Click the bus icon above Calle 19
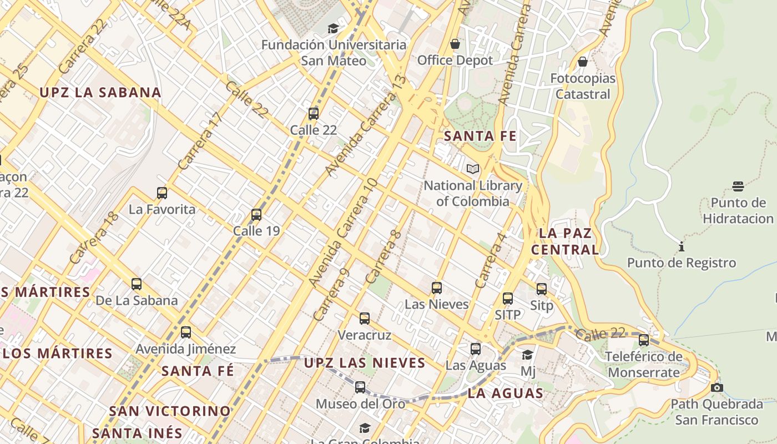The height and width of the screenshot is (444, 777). [x=256, y=214]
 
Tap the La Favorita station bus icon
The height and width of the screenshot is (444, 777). [x=162, y=193]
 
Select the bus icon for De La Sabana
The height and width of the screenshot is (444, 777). [x=137, y=284]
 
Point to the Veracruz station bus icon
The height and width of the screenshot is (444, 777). [x=365, y=319]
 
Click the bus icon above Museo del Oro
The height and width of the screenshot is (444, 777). [x=360, y=387]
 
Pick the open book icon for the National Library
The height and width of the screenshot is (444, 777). [x=473, y=169]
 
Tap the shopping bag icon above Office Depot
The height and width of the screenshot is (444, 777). [x=455, y=44]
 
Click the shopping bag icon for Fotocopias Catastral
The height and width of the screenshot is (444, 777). [x=583, y=62]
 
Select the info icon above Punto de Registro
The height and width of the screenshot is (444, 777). [x=682, y=246]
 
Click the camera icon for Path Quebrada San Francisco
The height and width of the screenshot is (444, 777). [x=717, y=387]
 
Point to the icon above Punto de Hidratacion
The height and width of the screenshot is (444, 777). [x=738, y=186]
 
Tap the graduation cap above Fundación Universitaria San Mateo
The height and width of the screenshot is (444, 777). [x=333, y=28]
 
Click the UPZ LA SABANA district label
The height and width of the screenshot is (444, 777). [x=100, y=93]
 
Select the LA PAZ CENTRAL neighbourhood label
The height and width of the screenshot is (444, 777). [x=565, y=241]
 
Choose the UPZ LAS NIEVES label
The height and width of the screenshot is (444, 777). [x=365, y=363]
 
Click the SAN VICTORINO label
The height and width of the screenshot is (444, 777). [x=170, y=411]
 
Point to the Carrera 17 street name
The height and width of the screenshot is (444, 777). [x=200, y=140]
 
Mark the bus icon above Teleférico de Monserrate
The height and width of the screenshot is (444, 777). [x=644, y=340]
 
